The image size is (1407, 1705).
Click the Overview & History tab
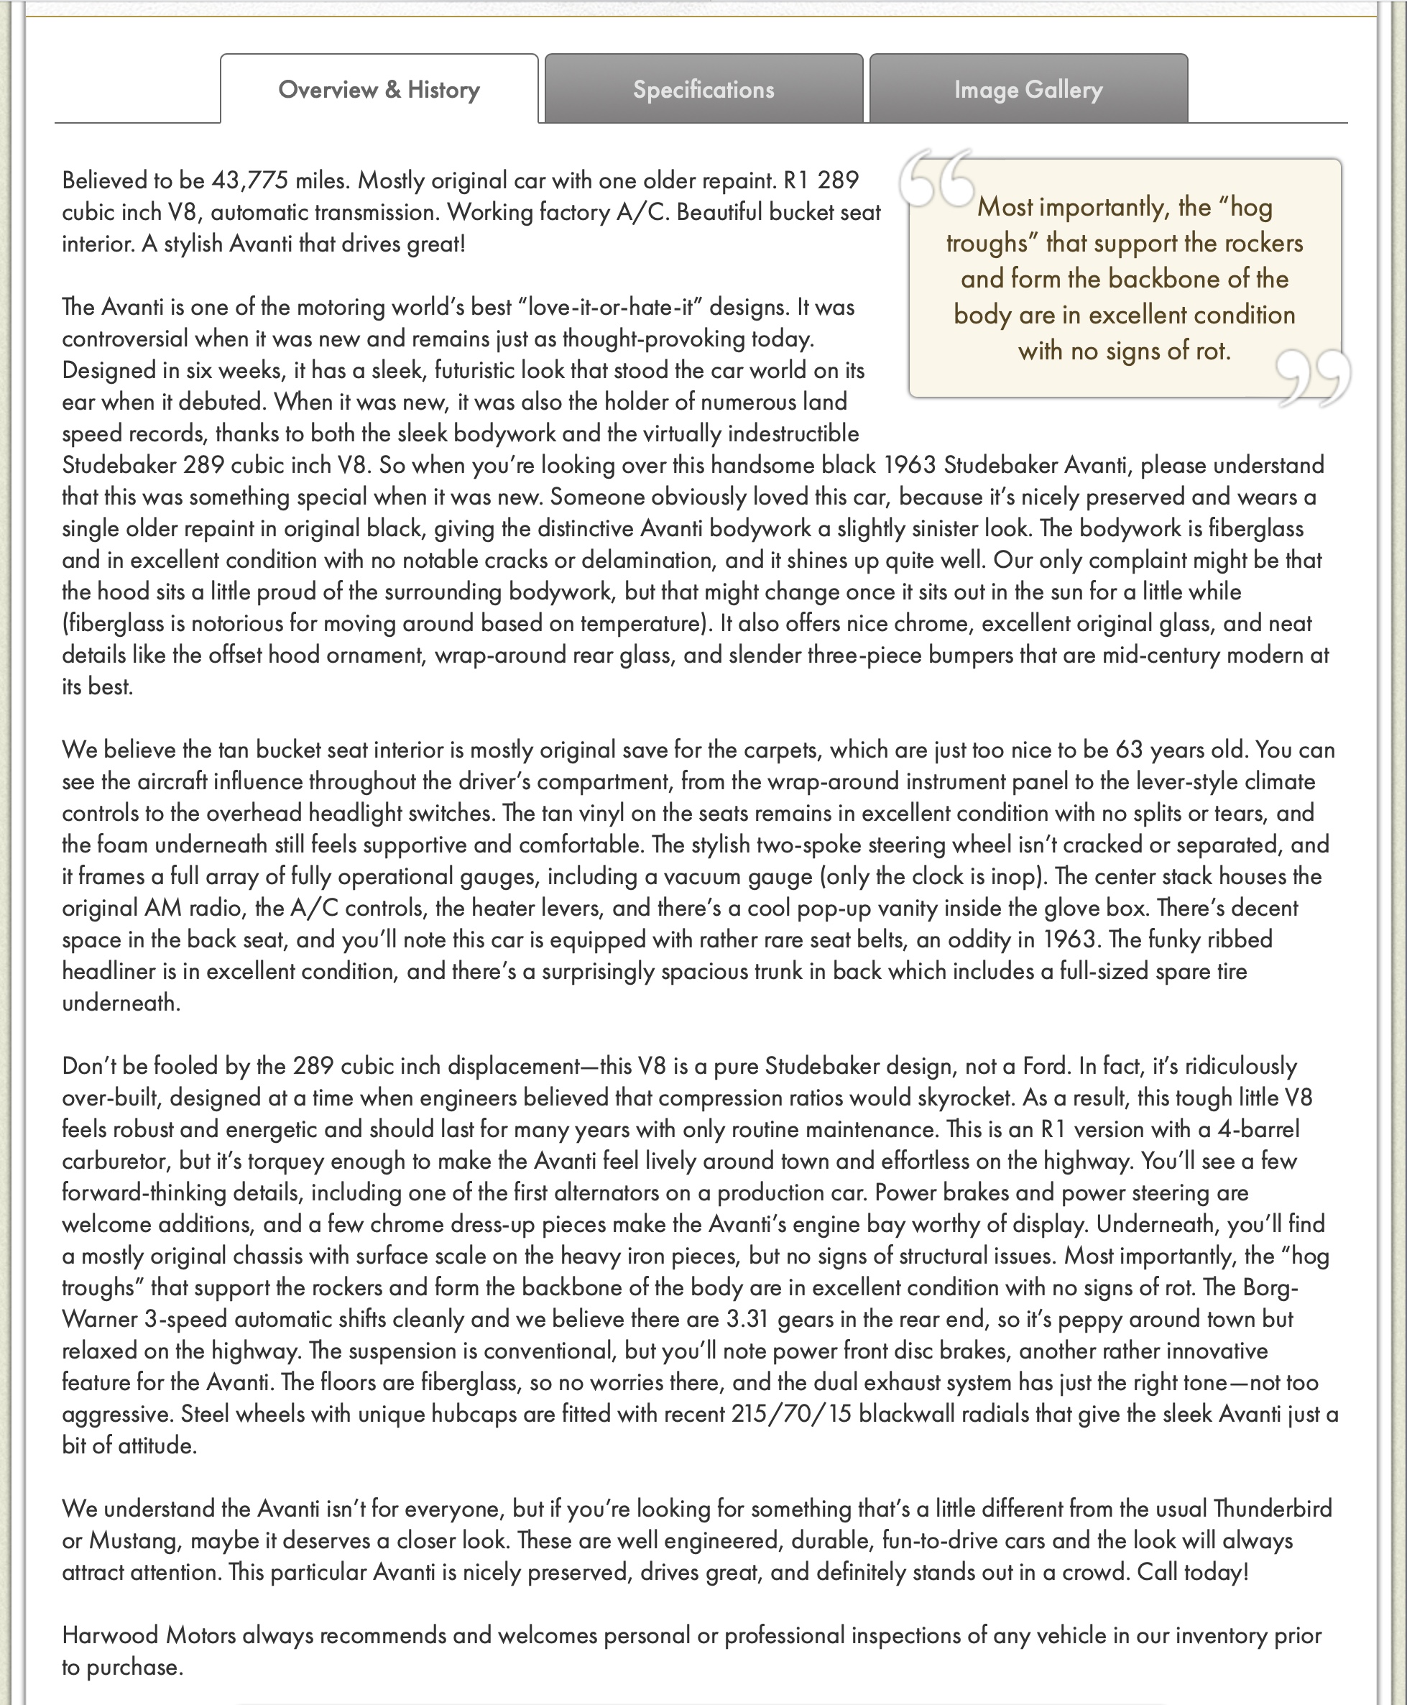[x=379, y=89]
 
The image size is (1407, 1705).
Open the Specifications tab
[x=703, y=89]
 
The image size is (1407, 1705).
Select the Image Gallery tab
[x=1028, y=89]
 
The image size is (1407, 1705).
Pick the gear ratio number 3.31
[x=747, y=1318]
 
